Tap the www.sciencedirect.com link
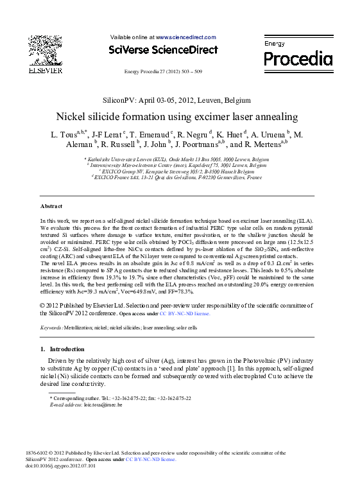click(x=186, y=38)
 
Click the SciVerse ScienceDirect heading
click(x=163, y=49)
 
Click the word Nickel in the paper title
click(x=73, y=118)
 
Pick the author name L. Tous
click(x=63, y=135)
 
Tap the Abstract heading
click(x=51, y=207)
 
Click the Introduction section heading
click(x=62, y=349)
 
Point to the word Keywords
click(x=51, y=327)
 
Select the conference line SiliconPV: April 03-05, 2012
click(x=176, y=100)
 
